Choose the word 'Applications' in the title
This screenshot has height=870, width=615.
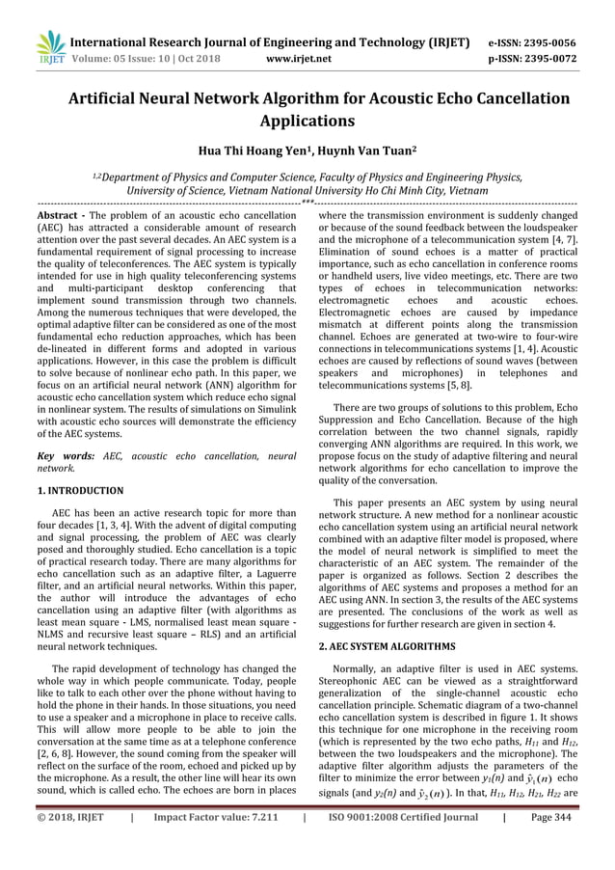307,122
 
